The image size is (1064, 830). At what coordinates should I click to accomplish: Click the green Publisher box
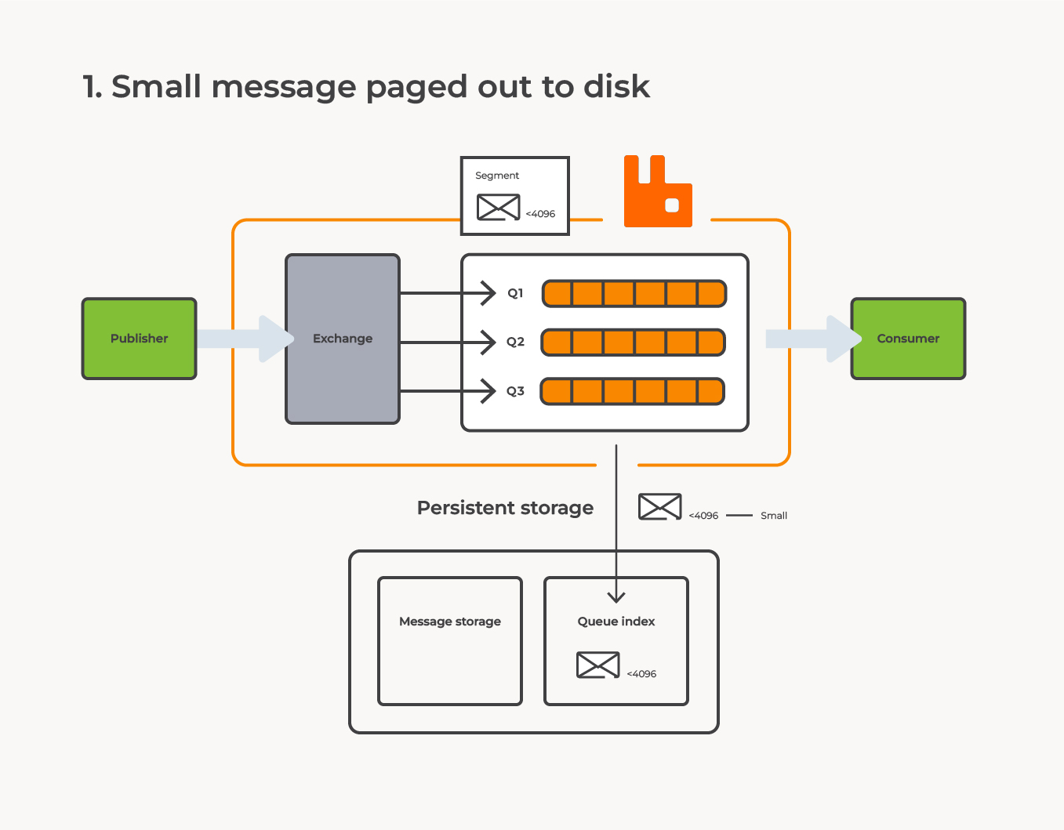[139, 339]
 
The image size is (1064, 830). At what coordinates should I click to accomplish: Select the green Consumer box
[908, 339]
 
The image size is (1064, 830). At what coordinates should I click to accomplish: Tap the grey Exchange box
[343, 339]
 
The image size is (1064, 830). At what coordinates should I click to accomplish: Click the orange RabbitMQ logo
[658, 192]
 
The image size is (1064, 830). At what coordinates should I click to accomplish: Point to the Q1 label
[515, 293]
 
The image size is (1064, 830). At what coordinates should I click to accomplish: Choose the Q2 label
[515, 342]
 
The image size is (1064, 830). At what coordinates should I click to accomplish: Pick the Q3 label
[515, 391]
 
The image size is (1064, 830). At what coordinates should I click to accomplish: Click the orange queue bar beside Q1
[634, 293]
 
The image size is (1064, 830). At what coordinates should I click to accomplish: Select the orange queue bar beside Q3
[633, 391]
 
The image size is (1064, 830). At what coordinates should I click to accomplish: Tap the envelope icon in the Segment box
[498, 208]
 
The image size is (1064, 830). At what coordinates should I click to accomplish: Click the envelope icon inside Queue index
[597, 665]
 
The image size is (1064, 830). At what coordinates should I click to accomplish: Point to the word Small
[774, 516]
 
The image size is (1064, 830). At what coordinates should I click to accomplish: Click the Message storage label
[450, 622]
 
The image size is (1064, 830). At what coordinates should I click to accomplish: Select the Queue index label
[616, 622]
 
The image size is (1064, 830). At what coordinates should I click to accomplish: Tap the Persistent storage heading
[505, 508]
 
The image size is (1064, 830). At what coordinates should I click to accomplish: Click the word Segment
[497, 176]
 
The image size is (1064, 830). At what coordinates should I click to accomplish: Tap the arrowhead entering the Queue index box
[616, 596]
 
